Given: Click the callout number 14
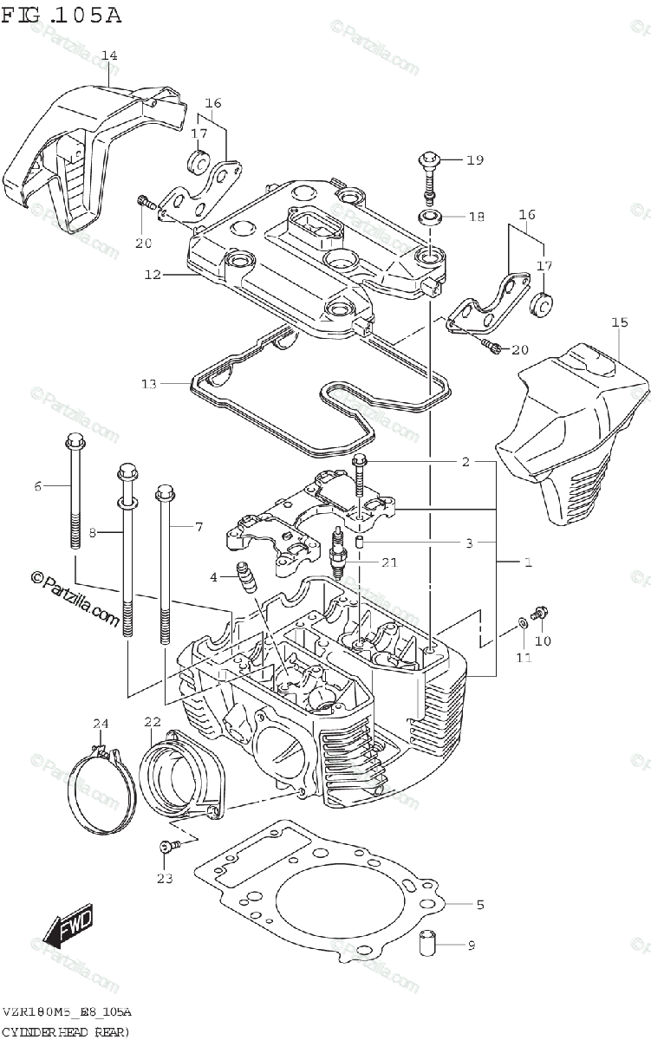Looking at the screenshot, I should [x=108, y=56].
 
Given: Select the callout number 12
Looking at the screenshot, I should [x=153, y=275].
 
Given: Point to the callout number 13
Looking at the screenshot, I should [x=149, y=383].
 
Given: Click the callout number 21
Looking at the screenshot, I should [x=389, y=562].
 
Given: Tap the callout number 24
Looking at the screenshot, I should [x=101, y=724].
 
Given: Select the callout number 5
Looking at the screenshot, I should [x=479, y=905].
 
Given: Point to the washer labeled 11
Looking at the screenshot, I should [x=519, y=621].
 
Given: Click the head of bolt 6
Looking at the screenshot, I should [x=74, y=439].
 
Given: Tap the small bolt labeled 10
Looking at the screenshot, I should [x=538, y=612].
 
